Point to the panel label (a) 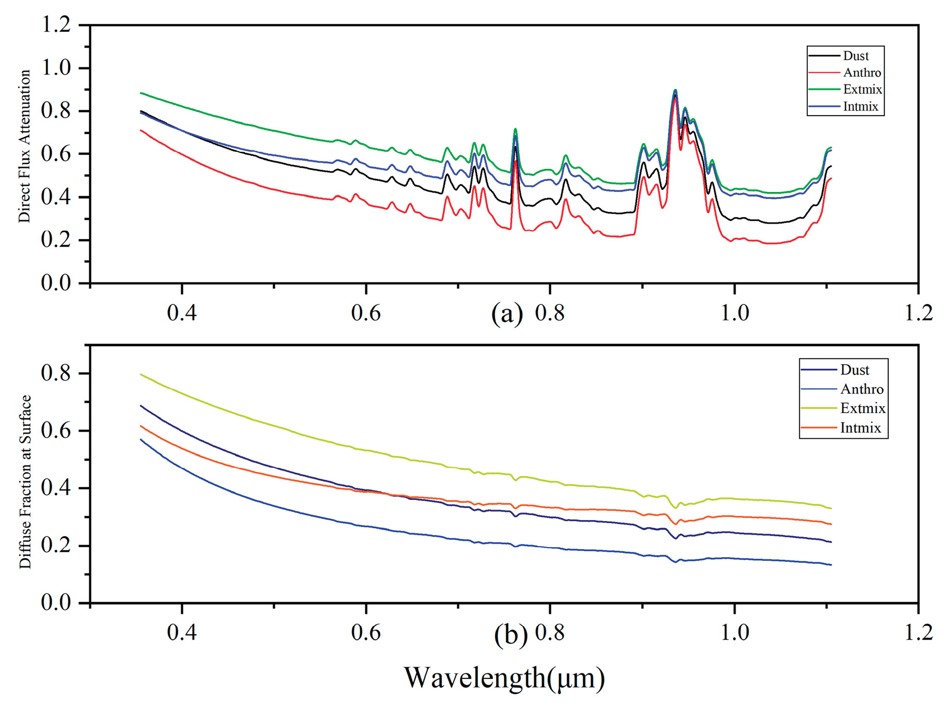click(x=507, y=314)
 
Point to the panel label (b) click(x=510, y=634)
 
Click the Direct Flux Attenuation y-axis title click(x=24, y=146)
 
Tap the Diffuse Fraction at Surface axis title click(x=25, y=481)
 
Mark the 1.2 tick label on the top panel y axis click(x=56, y=25)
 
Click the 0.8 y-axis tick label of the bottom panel click(x=56, y=373)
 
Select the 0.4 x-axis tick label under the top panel click(x=182, y=313)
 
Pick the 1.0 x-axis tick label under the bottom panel click(x=735, y=633)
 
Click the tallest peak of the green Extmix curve click(x=675, y=90)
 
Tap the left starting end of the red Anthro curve click(x=141, y=130)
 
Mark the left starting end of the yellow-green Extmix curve click(x=141, y=374)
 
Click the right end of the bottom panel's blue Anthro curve click(x=831, y=565)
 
